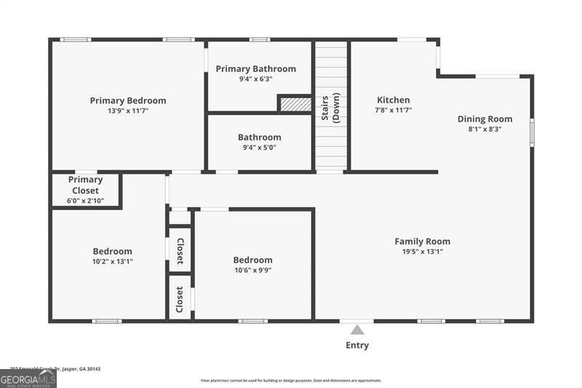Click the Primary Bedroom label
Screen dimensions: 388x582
tap(128, 100)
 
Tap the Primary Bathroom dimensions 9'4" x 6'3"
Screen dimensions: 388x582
tap(255, 80)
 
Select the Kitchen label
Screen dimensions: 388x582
tap(393, 100)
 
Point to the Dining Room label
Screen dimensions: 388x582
tap(485, 119)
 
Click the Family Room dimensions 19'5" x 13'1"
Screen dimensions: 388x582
tap(422, 252)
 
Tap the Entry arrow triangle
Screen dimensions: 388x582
tap(357, 330)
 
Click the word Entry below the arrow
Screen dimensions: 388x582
tap(357, 345)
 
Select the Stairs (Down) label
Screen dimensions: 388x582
tap(331, 107)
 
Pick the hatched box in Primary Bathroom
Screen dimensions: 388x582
tap(295, 105)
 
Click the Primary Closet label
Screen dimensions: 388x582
tap(85, 185)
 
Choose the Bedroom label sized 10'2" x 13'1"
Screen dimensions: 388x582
tap(112, 251)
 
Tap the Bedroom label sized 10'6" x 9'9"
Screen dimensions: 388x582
tap(252, 260)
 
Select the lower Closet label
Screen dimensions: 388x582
tap(180, 296)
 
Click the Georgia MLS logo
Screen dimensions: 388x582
tap(28, 379)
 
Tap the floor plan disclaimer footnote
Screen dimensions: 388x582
tap(290, 380)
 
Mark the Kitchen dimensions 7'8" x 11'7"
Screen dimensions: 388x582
tap(393, 110)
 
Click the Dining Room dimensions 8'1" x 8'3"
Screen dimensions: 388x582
tap(485, 129)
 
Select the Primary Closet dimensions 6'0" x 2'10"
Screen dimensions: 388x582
tap(85, 201)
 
